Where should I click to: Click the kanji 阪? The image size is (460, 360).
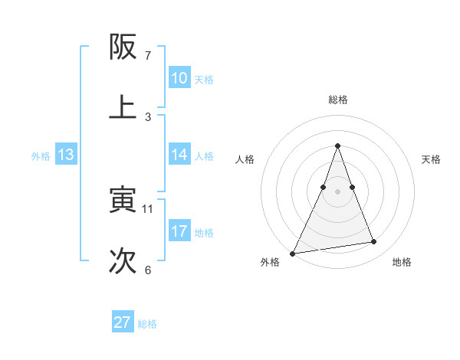tap(123, 48)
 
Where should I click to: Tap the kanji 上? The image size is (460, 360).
tap(123, 107)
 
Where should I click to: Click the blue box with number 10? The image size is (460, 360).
tap(179, 78)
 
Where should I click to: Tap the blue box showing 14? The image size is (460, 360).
tap(179, 155)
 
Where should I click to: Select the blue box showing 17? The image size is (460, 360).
tap(179, 231)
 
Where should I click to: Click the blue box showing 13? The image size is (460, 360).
tap(66, 155)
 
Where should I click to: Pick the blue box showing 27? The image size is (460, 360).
tap(123, 322)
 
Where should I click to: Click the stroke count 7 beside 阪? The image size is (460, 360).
tap(148, 56)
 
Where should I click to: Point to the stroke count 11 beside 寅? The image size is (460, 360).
tap(148, 208)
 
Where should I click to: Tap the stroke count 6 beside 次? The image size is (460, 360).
tap(148, 270)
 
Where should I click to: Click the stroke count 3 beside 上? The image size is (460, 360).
tap(148, 116)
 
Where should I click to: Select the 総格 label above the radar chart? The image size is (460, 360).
tap(338, 100)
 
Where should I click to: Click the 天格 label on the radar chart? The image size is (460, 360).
tap(431, 159)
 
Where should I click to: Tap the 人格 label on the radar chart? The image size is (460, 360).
tap(245, 159)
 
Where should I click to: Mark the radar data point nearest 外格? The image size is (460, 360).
tap(292, 254)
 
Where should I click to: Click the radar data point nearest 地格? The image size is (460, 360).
tap(374, 242)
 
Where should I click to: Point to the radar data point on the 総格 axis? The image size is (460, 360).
tap(338, 146)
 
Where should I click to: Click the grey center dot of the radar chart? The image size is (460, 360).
tap(338, 191)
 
